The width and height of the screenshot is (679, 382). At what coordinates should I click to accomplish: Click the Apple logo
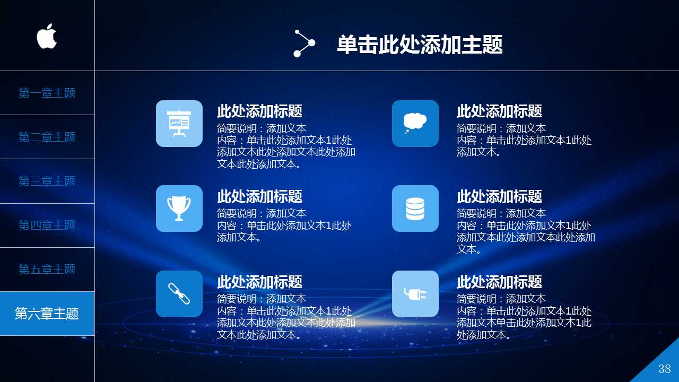[x=47, y=36]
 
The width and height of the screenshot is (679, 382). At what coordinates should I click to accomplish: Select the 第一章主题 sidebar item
[x=47, y=93]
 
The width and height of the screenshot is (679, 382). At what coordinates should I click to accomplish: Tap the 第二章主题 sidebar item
[x=47, y=137]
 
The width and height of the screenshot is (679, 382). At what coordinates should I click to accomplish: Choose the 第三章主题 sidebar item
[x=47, y=181]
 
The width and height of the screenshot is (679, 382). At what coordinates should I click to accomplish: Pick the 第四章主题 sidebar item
[x=47, y=225]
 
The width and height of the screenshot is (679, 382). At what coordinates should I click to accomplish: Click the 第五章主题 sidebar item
[x=47, y=270]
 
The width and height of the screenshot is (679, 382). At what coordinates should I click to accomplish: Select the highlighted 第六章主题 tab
[x=47, y=314]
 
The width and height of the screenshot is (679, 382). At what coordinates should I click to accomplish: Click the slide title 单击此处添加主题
[x=420, y=45]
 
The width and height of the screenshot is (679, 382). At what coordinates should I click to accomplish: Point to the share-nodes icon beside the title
[x=304, y=44]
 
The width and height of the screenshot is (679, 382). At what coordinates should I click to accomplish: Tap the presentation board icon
[x=179, y=124]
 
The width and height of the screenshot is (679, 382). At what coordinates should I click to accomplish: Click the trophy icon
[x=179, y=209]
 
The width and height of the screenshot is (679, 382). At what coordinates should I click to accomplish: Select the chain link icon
[x=179, y=294]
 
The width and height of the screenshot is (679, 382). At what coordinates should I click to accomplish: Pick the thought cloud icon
[x=415, y=124]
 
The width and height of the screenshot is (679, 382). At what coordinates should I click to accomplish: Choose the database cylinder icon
[x=415, y=209]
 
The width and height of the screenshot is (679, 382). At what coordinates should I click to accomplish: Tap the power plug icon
[x=415, y=294]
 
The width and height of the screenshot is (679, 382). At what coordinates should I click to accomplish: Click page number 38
[x=664, y=369]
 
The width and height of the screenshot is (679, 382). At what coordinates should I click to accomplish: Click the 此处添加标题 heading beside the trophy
[x=259, y=196]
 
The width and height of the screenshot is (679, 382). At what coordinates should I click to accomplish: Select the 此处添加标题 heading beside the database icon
[x=499, y=196]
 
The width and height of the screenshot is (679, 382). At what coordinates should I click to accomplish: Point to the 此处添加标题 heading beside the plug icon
[x=499, y=282]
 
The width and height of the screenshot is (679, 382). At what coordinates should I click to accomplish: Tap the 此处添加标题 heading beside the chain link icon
[x=259, y=282]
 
